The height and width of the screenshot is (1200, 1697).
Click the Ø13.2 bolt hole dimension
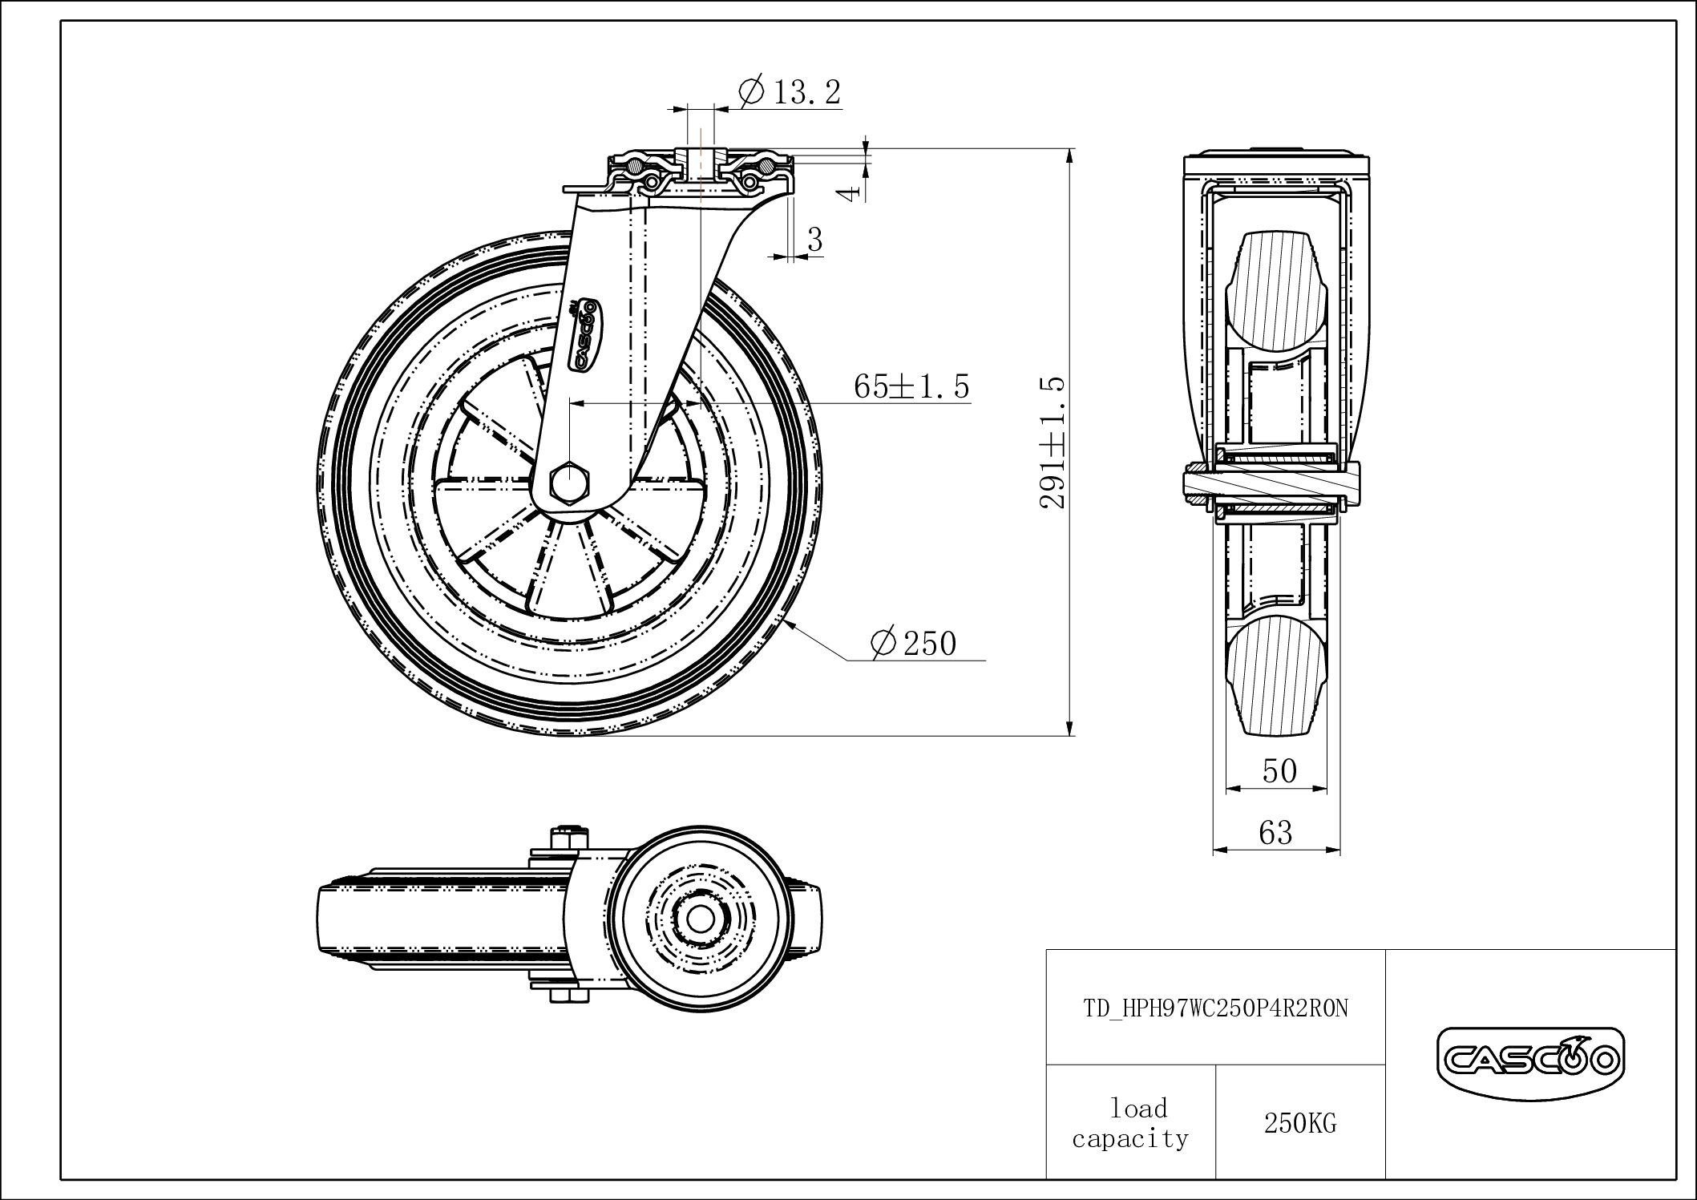(x=790, y=92)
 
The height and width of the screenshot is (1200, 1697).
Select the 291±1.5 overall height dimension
(x=1053, y=442)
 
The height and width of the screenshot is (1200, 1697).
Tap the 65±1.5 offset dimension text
(x=911, y=386)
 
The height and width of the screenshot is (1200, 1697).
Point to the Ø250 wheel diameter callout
(x=913, y=643)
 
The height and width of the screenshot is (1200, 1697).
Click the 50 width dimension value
(x=1279, y=770)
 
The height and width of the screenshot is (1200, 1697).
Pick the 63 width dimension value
(x=1275, y=833)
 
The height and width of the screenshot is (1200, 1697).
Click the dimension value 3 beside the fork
(x=815, y=239)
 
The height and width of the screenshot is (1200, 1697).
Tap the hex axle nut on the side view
(x=568, y=483)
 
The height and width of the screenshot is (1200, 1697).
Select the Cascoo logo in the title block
(x=1530, y=1063)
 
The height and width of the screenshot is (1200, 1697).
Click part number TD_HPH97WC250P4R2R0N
(x=1215, y=1008)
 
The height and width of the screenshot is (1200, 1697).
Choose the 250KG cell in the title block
(x=1300, y=1124)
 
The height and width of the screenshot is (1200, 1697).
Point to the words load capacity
(x=1130, y=1124)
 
